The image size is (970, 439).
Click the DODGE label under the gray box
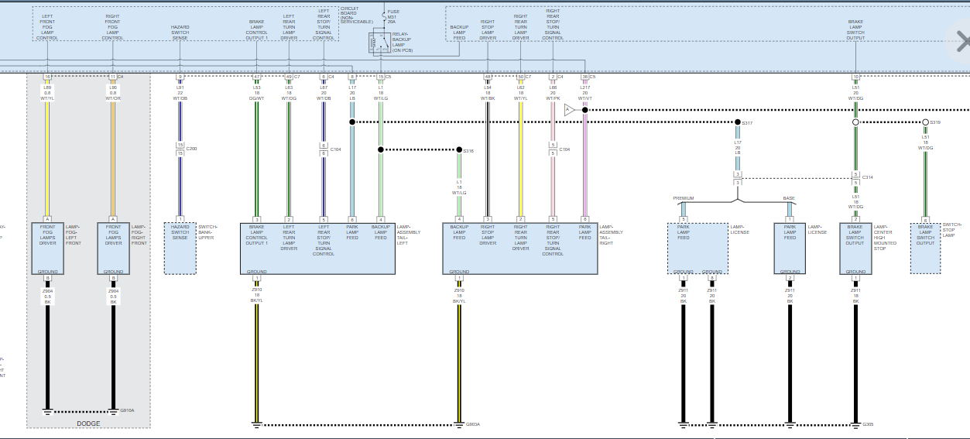point(89,424)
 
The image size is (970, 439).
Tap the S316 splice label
point(468,151)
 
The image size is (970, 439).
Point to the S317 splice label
point(747,123)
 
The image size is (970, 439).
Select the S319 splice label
point(935,123)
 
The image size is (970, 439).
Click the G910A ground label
point(127,410)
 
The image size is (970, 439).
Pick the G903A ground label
point(472,424)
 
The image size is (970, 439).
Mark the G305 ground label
point(868,424)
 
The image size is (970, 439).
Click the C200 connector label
point(191,149)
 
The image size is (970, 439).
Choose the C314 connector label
point(867,177)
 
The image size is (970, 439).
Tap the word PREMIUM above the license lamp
point(684,198)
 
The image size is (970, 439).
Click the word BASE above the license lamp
point(789,198)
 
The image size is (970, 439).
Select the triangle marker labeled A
point(568,110)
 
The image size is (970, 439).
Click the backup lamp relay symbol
point(379,44)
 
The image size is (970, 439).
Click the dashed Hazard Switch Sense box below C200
point(180,248)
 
